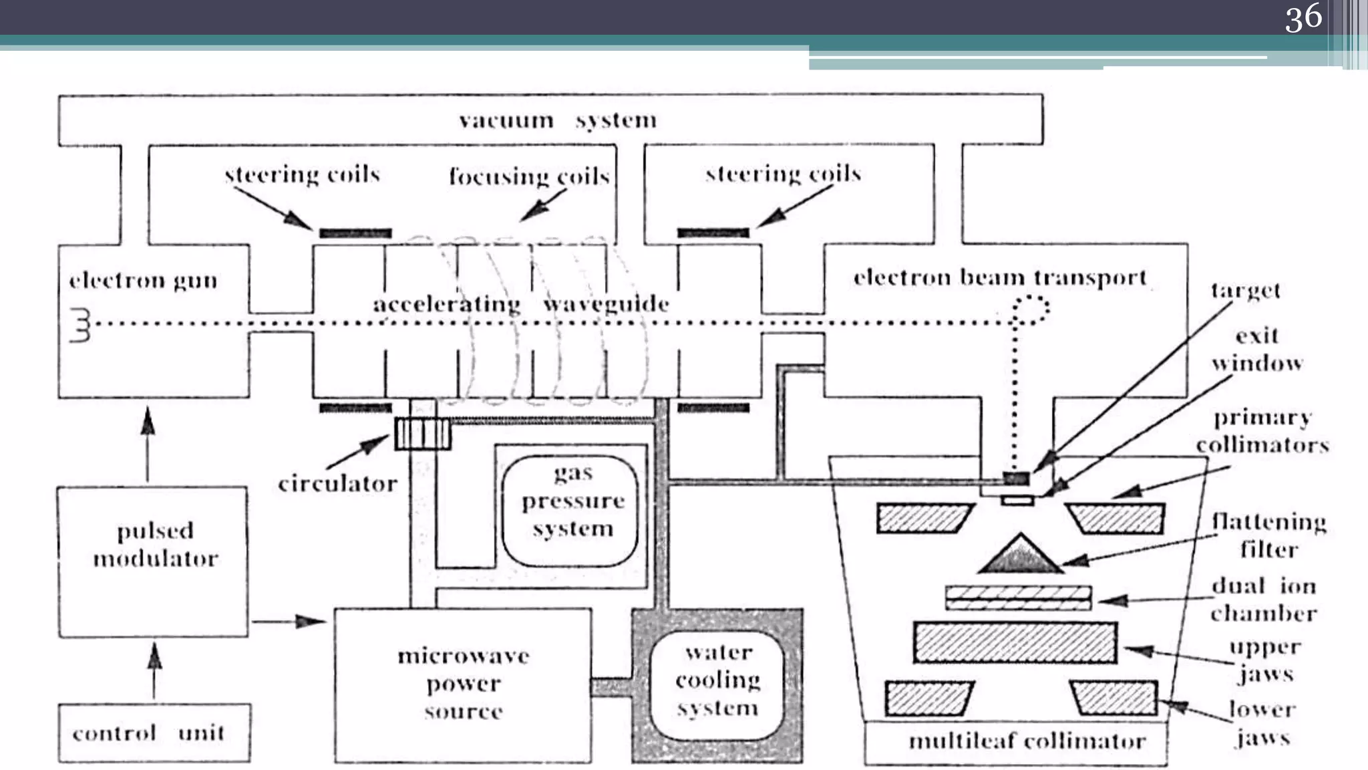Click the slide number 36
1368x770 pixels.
coord(1303,17)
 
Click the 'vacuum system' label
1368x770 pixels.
coord(558,120)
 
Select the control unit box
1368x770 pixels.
coord(154,733)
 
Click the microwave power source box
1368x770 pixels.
coord(463,684)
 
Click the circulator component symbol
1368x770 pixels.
coord(423,434)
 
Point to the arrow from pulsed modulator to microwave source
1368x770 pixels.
coord(289,622)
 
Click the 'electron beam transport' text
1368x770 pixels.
coord(999,277)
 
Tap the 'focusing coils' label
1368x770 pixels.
coord(528,176)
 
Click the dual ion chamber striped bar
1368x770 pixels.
coord(1018,598)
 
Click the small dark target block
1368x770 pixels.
coord(1016,478)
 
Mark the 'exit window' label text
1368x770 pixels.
coord(1257,350)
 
